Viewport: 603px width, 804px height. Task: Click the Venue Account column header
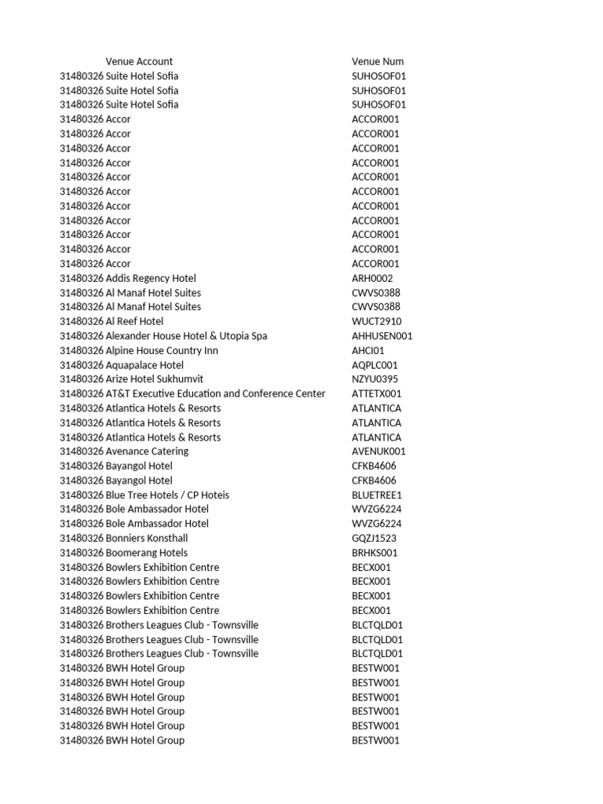[139, 61]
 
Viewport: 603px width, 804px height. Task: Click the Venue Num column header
[378, 61]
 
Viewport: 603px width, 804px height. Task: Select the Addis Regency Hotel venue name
[151, 278]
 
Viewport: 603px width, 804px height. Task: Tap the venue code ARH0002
[373, 278]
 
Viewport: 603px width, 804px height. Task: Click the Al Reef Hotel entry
[134, 321]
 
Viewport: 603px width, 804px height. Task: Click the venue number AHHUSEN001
[382, 336]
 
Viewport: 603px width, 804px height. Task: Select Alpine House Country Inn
[162, 350]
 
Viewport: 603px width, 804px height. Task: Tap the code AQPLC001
[375, 365]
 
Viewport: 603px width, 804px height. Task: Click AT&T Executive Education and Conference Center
[215, 393]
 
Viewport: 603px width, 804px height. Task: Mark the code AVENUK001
[378, 451]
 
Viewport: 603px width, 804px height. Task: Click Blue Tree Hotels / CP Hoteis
[167, 495]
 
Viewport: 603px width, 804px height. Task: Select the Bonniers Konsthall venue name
[147, 538]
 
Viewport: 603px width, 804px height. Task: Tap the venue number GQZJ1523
[375, 538]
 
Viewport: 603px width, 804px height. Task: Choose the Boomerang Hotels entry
[147, 553]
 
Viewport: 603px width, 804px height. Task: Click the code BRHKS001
[375, 553]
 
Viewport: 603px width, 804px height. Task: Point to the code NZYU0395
[375, 379]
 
